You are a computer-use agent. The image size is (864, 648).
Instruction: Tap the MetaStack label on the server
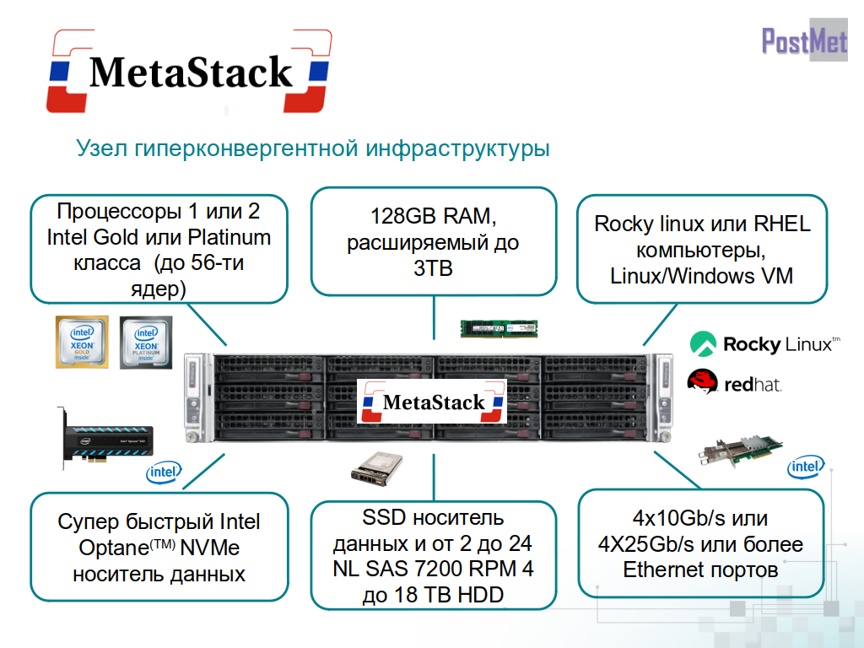pos(434,402)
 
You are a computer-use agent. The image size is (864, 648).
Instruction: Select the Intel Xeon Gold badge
pos(81,342)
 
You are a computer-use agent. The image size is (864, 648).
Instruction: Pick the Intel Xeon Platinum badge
pos(146,342)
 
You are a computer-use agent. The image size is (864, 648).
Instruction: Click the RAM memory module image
pos(499,327)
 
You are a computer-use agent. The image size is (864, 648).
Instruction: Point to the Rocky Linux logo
pos(764,343)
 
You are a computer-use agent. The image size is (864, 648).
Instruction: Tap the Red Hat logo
pos(735,383)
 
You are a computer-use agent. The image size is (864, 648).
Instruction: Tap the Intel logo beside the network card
pos(806,467)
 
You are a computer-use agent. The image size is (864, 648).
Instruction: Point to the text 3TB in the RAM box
pos(434,269)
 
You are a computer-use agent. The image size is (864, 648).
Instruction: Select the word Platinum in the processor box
pos(229,237)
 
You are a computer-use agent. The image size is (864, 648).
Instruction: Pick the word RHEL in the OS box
pos(780,224)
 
